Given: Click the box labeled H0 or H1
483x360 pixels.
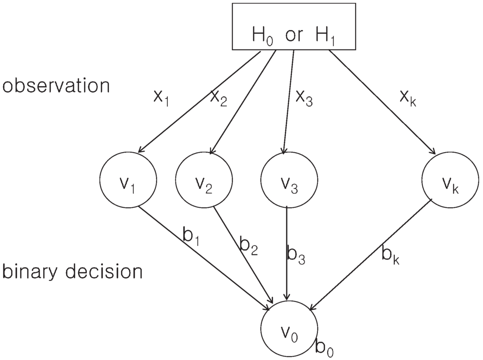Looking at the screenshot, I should tap(293, 26).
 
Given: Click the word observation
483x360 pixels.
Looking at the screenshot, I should tap(56, 87).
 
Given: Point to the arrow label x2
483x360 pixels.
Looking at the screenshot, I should tap(218, 98).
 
